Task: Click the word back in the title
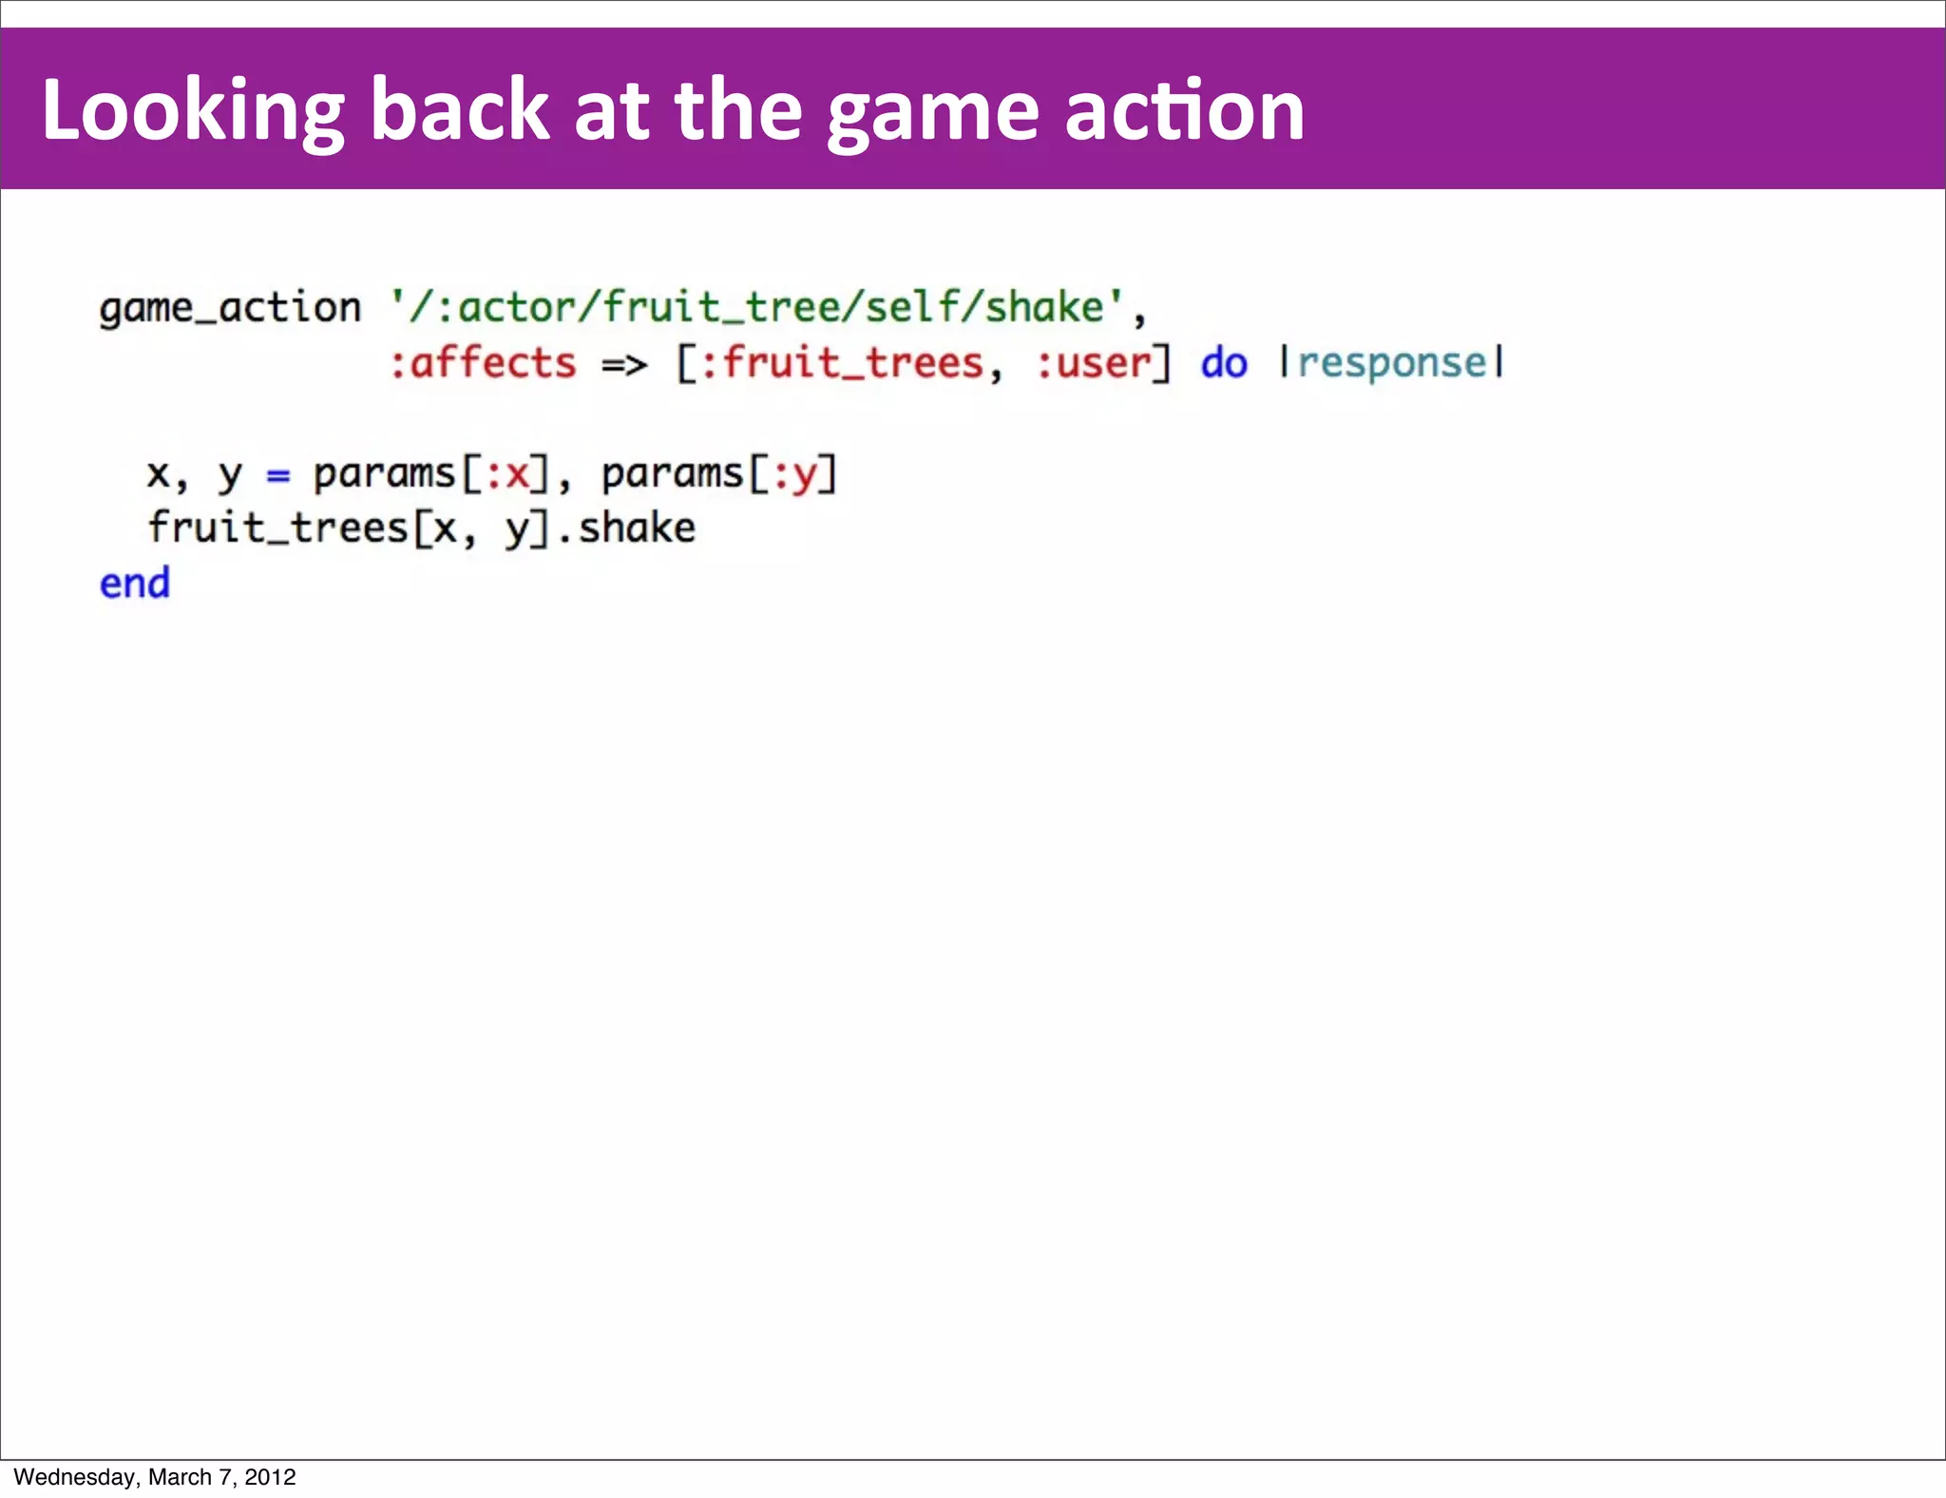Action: pos(459,112)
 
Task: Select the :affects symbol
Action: pos(483,364)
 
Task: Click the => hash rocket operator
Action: pos(624,364)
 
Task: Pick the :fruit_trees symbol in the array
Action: pos(841,364)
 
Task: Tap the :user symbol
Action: pos(1094,364)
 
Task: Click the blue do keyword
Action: pos(1224,364)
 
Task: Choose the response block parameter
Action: pos(1392,364)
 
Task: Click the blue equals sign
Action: pos(277,474)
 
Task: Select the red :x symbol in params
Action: pos(507,474)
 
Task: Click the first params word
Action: pos(384,474)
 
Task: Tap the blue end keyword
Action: pos(135,584)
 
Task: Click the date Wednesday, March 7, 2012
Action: pos(155,1477)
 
